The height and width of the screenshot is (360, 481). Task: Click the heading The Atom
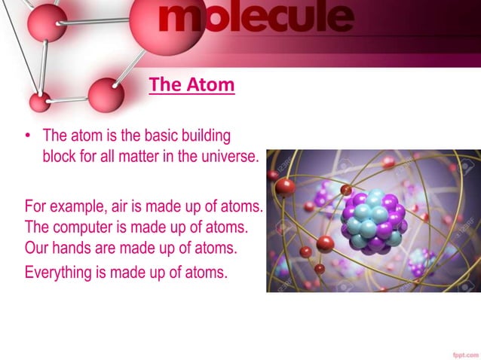[191, 84]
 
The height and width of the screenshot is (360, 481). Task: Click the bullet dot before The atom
[28, 136]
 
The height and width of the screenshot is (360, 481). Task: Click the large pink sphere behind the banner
[161, 23]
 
